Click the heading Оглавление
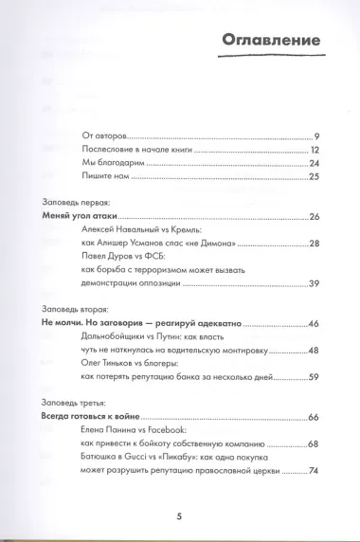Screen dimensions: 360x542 click(x=270, y=40)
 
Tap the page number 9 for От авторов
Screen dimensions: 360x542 click(x=316, y=137)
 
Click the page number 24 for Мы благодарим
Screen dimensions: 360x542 click(x=314, y=164)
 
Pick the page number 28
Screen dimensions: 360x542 click(x=314, y=244)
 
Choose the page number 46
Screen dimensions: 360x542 click(x=314, y=323)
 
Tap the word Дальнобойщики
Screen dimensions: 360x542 click(x=112, y=336)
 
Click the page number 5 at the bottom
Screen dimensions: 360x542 click(x=179, y=516)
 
